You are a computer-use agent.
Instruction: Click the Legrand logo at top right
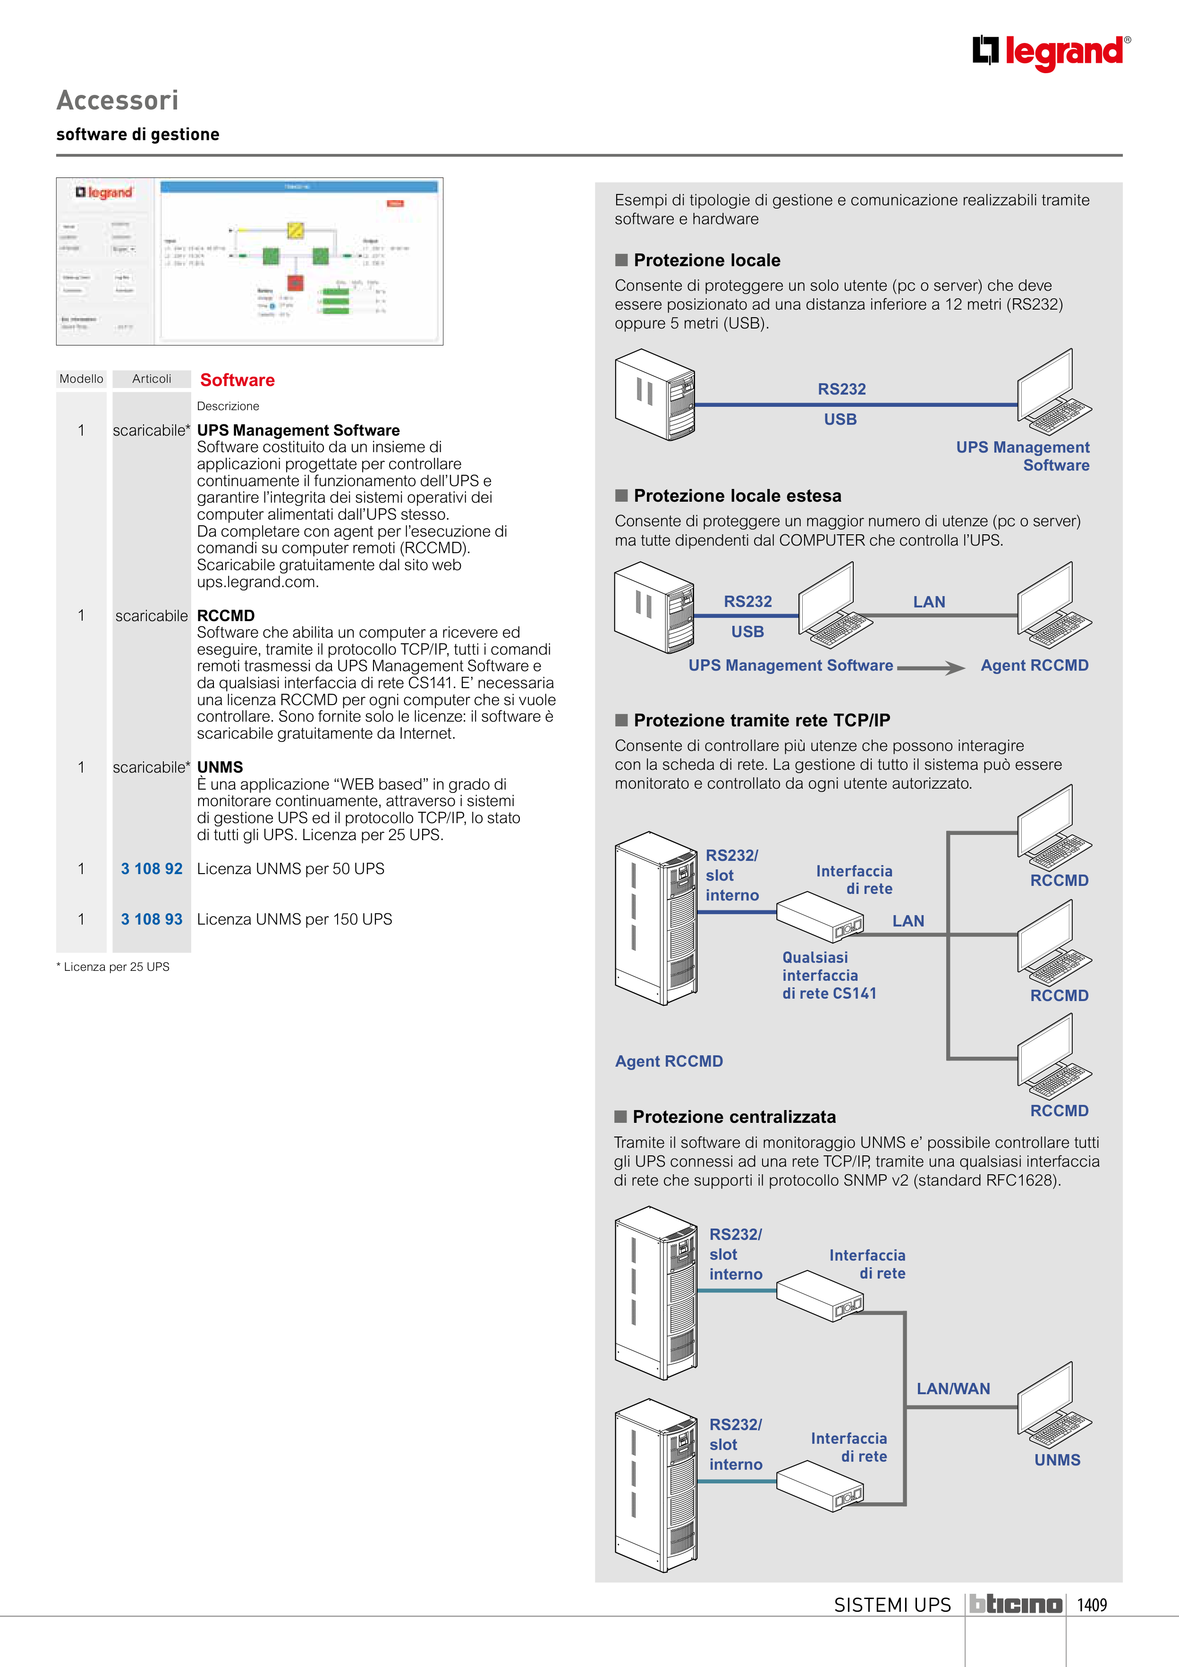click(x=1051, y=52)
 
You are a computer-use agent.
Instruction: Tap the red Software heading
click(x=237, y=380)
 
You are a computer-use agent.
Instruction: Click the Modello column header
click(x=81, y=379)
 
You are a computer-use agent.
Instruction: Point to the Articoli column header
click(x=152, y=379)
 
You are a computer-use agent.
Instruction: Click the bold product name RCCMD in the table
click(x=226, y=616)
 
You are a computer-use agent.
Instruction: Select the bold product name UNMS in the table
click(x=220, y=767)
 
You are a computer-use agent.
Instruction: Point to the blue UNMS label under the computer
click(x=1057, y=1460)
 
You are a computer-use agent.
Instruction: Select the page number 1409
click(x=1092, y=1605)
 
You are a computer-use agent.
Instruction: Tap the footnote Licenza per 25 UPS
click(x=115, y=967)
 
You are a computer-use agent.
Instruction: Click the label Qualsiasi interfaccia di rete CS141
click(x=829, y=976)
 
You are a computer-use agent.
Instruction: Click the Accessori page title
click(x=118, y=100)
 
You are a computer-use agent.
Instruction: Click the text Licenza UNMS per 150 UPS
click(x=294, y=919)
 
